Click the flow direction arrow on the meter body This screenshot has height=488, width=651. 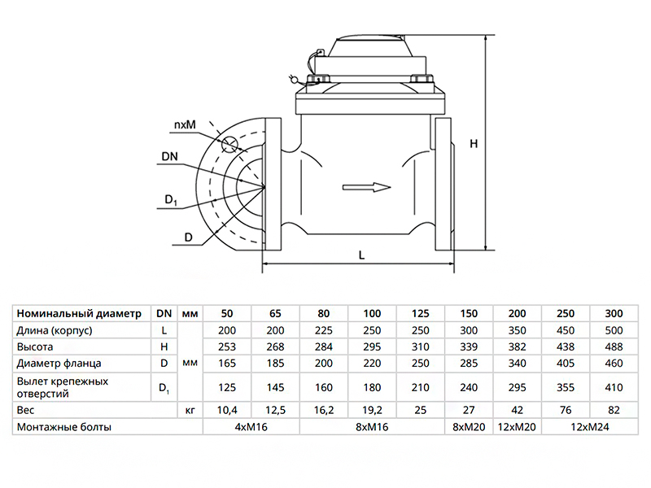[x=366, y=188]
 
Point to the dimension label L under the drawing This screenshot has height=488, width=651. [x=361, y=255]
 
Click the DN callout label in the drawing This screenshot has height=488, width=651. [x=170, y=156]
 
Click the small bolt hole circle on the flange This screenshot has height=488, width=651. [x=230, y=145]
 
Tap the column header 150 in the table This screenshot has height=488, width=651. [x=470, y=314]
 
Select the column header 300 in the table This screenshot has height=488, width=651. [x=613, y=314]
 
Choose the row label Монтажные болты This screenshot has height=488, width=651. [x=63, y=427]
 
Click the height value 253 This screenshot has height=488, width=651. [x=227, y=346]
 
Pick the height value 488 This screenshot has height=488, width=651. [x=613, y=346]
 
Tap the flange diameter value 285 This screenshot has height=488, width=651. [x=470, y=363]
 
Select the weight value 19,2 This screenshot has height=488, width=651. [x=372, y=411]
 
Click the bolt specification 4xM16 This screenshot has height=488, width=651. [x=251, y=427]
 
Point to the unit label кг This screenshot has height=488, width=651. [x=190, y=411]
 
